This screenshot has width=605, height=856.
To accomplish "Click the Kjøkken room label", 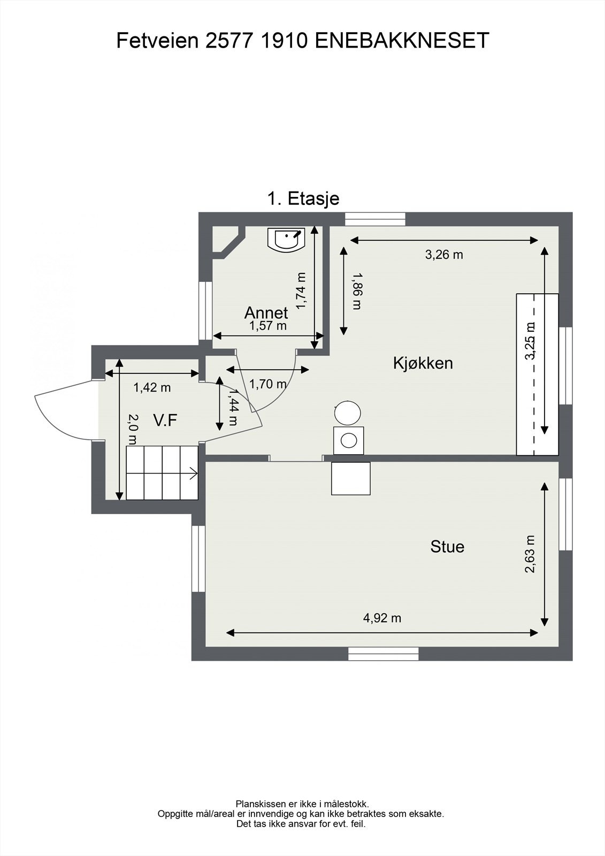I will coord(423,363).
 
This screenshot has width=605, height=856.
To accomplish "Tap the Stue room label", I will coord(447,547).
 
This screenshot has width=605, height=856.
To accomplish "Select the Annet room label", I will coord(266,312).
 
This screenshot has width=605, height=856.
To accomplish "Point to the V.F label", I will coord(165,421).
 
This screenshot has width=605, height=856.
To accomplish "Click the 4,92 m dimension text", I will coord(382,618).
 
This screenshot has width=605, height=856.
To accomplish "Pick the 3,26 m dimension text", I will coord(444,255).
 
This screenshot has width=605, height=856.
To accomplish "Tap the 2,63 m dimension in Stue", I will coord(530,554).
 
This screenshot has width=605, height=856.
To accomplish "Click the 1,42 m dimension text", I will coord(152,387).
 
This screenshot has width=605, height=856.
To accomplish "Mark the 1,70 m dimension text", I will coord(267,384).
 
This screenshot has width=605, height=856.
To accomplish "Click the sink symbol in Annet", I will coord(286,239).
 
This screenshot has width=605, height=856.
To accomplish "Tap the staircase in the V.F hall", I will coord(162,472).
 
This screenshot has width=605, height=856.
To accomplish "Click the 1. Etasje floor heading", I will coord(303,198).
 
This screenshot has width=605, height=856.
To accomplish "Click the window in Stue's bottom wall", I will coord(383,654).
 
